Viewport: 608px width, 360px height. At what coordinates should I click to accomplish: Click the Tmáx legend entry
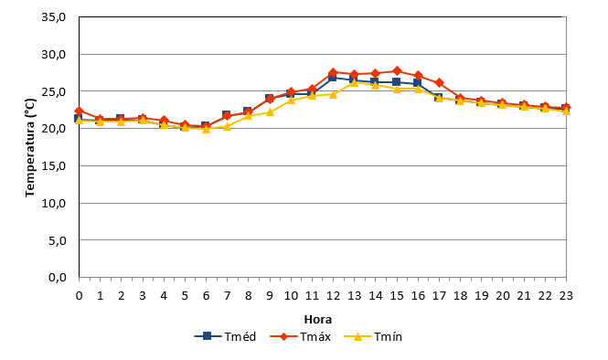pos(300,337)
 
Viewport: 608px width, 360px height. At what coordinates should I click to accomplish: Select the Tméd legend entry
pos(225,337)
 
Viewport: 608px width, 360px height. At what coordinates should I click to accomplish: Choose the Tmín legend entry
pos(373,337)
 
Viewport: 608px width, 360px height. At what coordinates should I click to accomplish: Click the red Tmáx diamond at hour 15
pos(397,71)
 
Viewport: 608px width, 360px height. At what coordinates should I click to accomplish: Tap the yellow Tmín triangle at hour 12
pos(333,94)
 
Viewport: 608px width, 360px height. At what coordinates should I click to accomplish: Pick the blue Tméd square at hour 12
pos(332,77)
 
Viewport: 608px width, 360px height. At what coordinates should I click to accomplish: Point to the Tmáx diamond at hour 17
pos(439,82)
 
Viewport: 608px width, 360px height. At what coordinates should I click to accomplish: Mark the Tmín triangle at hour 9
pos(270,112)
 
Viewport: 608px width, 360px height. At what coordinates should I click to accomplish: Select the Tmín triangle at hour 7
pos(228,126)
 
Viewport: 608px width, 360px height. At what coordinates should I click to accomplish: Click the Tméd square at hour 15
pos(396,81)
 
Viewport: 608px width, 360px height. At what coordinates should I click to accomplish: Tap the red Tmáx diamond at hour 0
pos(80,111)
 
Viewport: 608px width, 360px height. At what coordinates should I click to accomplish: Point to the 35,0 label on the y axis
pos(54,17)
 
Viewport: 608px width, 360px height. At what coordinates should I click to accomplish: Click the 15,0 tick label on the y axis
pos(54,166)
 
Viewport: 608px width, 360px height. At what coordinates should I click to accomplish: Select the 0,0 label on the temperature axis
pos(58,278)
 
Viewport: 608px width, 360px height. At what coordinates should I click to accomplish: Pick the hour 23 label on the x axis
pos(566,296)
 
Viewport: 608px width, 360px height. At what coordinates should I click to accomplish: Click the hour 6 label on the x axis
pos(206,296)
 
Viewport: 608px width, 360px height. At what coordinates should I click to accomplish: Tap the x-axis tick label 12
pos(333,296)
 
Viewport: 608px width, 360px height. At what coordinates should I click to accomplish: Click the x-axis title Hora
pos(318,320)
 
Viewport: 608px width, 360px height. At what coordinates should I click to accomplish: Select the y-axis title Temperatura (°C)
pos(30,148)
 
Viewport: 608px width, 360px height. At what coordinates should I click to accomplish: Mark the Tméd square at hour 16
pos(417,82)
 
